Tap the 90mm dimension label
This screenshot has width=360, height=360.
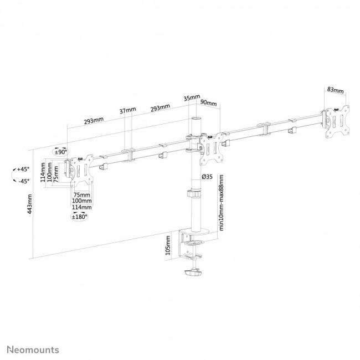pos(208,102)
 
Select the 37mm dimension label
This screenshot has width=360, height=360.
pos(127,110)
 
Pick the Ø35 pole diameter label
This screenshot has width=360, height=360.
pos(208,176)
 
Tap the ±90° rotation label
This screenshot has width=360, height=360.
pos(60,151)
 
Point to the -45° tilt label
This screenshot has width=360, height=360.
pos(23,181)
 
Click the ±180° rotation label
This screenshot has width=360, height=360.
pos(80,217)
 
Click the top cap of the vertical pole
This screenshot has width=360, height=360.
pos(196,119)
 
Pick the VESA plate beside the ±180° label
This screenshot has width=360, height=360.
pos(80,173)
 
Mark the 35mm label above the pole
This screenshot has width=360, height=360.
pos(192,98)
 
